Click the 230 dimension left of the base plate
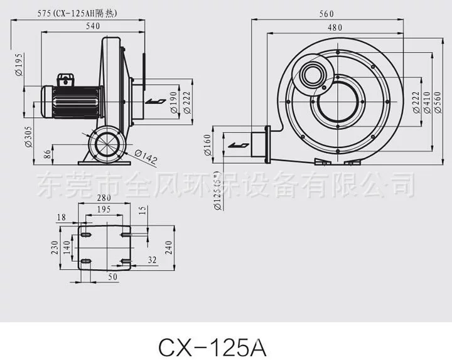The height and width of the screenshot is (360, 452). [x=56, y=248]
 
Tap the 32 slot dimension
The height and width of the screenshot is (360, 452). [x=153, y=258]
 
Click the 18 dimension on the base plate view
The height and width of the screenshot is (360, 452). [x=60, y=216]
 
